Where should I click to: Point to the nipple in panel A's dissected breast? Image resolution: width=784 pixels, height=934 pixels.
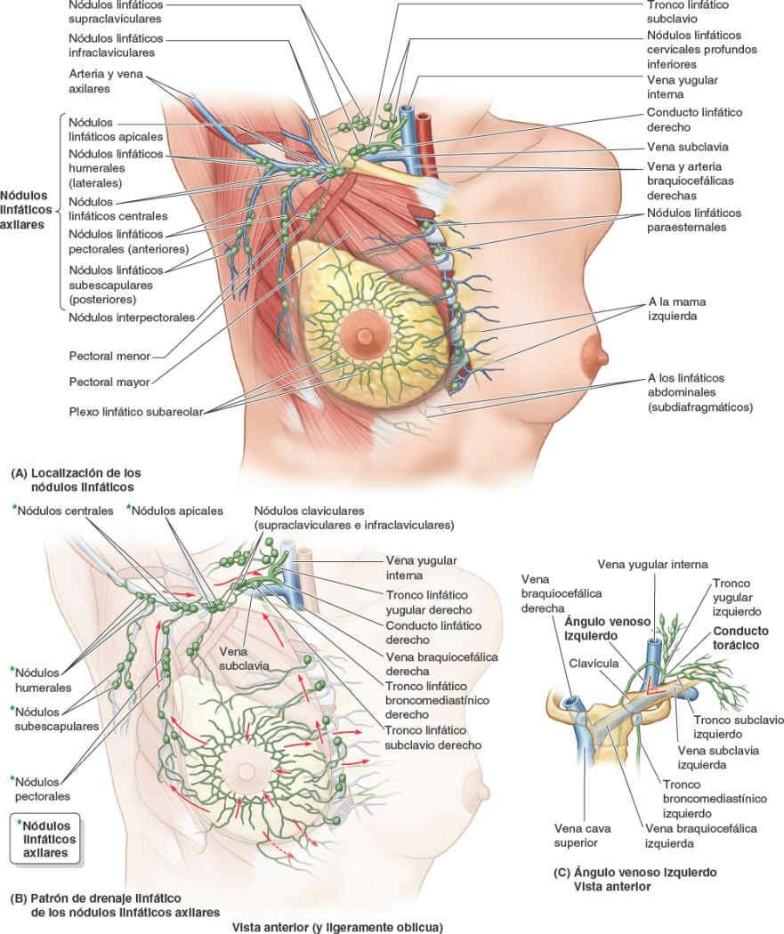(365, 337)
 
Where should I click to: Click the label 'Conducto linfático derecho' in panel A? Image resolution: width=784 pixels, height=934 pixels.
(694, 120)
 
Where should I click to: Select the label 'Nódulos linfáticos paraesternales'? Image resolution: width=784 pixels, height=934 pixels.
(694, 220)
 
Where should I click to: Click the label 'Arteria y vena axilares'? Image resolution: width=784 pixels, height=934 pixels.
(104, 84)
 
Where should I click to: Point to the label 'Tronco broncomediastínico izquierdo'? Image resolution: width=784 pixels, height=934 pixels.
(699, 798)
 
